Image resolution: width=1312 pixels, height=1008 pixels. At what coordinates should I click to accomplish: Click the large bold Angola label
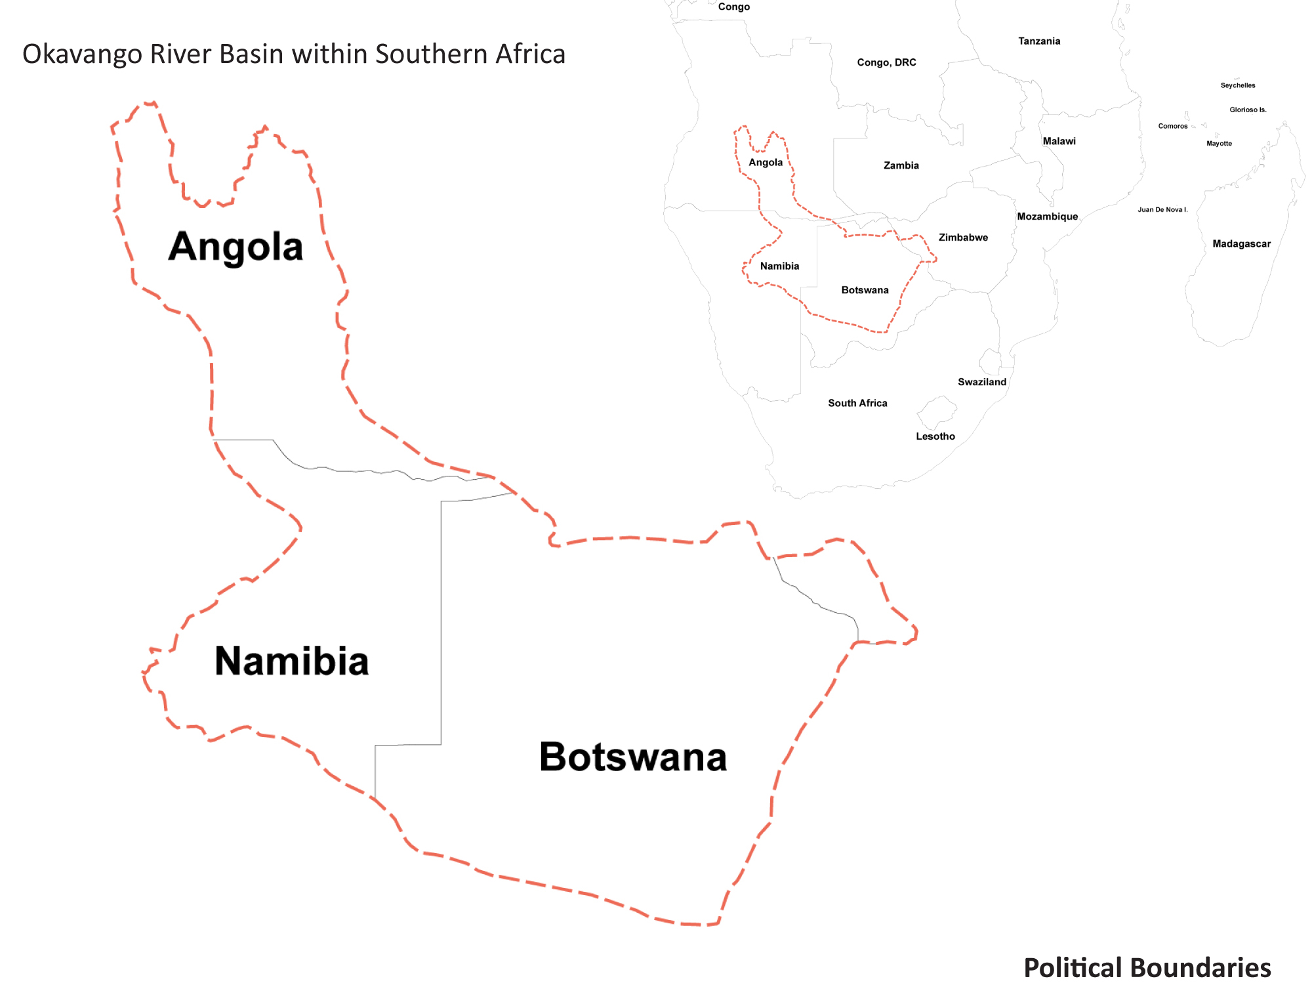(x=236, y=247)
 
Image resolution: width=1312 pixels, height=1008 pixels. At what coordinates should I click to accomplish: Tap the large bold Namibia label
(x=291, y=661)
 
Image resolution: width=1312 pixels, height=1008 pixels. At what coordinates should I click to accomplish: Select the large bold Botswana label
(x=632, y=757)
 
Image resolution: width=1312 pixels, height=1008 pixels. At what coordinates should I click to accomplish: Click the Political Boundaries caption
(x=1147, y=968)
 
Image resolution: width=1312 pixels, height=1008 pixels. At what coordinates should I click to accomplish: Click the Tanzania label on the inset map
(x=1038, y=41)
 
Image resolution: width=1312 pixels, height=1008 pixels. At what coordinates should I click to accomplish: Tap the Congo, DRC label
(x=886, y=62)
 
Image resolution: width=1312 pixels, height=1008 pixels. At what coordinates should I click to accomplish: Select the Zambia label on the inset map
(x=901, y=165)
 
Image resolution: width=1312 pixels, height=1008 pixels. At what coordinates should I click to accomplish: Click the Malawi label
(x=1059, y=141)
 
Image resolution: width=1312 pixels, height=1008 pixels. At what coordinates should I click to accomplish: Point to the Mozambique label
(x=1047, y=217)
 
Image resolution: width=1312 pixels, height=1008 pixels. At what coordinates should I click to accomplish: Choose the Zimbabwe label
(x=962, y=238)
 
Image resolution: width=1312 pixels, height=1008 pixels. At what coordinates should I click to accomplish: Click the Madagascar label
(x=1241, y=244)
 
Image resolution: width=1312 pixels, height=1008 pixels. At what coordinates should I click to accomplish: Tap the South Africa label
(x=857, y=403)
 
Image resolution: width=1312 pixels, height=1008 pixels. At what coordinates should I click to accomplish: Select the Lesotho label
(x=935, y=436)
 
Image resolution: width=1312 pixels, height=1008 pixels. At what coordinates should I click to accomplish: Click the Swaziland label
(x=981, y=382)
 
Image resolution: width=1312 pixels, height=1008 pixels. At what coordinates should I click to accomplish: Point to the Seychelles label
(x=1237, y=85)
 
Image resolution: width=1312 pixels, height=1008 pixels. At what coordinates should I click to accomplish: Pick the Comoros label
(x=1172, y=126)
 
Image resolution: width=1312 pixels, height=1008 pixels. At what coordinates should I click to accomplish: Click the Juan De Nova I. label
(x=1162, y=210)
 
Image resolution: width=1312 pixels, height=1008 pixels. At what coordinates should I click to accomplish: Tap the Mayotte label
(x=1219, y=144)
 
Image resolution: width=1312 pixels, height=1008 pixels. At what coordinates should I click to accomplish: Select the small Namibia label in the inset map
(x=779, y=266)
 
